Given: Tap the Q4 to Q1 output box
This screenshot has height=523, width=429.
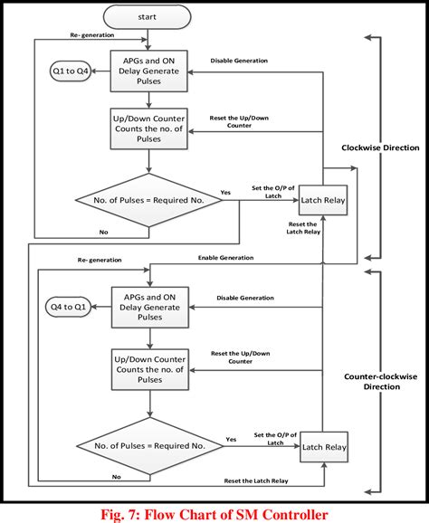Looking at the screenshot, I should click(x=68, y=307).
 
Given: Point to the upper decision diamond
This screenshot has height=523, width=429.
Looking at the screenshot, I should click(x=148, y=199).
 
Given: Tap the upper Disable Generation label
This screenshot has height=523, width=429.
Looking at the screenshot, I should click(x=239, y=62).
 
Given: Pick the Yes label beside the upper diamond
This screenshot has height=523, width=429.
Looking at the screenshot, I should click(x=225, y=192).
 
